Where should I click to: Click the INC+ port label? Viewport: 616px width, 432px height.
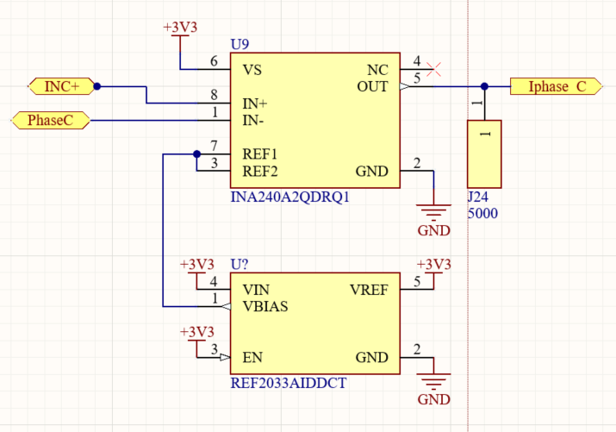point(62,86)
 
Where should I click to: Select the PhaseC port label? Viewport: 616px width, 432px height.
point(51,120)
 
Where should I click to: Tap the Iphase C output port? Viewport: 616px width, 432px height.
point(557,86)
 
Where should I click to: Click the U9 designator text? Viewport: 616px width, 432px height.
point(240,45)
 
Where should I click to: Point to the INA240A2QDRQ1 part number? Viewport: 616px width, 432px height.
point(290,197)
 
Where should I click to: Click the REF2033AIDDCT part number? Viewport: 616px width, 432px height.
point(289,383)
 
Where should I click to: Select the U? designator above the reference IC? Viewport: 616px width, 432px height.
point(240,264)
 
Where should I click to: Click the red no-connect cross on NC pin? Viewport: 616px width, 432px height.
point(433,70)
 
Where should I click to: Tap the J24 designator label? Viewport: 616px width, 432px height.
point(477,197)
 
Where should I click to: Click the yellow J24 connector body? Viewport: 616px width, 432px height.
point(484,154)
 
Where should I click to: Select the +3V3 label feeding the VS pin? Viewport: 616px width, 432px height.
point(180,28)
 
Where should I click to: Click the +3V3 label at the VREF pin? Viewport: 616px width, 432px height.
point(433,265)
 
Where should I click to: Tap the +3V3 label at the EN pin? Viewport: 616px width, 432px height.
point(196,332)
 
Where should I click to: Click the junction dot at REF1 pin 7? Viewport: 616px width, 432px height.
point(196,154)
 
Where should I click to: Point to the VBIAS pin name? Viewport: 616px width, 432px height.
point(265,307)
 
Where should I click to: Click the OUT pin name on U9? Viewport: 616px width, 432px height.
point(372,86)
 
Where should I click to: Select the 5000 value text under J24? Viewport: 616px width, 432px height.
point(482,214)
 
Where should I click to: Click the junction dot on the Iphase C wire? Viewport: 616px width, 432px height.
point(484,86)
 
